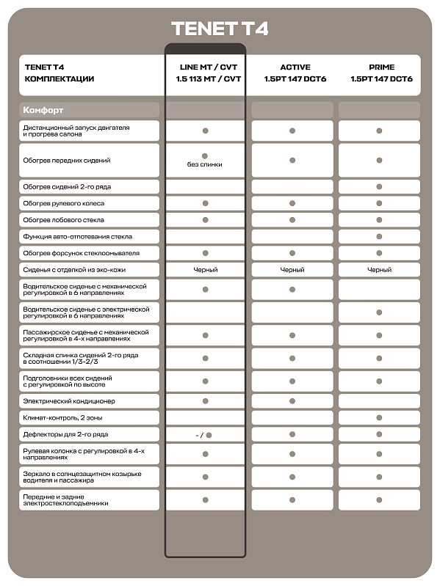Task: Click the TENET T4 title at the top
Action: (x=220, y=29)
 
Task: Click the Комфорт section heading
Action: (x=43, y=110)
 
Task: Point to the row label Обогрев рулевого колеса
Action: (x=64, y=203)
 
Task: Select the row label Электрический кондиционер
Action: (x=69, y=401)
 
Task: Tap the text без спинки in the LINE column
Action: (x=205, y=164)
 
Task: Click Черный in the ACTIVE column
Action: (x=292, y=270)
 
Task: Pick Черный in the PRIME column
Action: (x=379, y=270)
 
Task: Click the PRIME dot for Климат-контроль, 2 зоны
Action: (x=379, y=417)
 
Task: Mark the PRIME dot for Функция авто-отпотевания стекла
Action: (x=379, y=237)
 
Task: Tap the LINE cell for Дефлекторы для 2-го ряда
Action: (x=205, y=435)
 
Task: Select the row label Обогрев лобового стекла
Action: (x=64, y=220)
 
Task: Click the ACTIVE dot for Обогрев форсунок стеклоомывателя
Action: (x=292, y=253)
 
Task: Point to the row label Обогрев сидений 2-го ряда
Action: (x=67, y=187)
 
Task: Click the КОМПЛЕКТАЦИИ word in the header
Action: (x=59, y=78)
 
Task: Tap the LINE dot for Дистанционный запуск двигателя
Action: (x=205, y=131)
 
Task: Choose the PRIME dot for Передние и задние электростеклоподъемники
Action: (x=379, y=500)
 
